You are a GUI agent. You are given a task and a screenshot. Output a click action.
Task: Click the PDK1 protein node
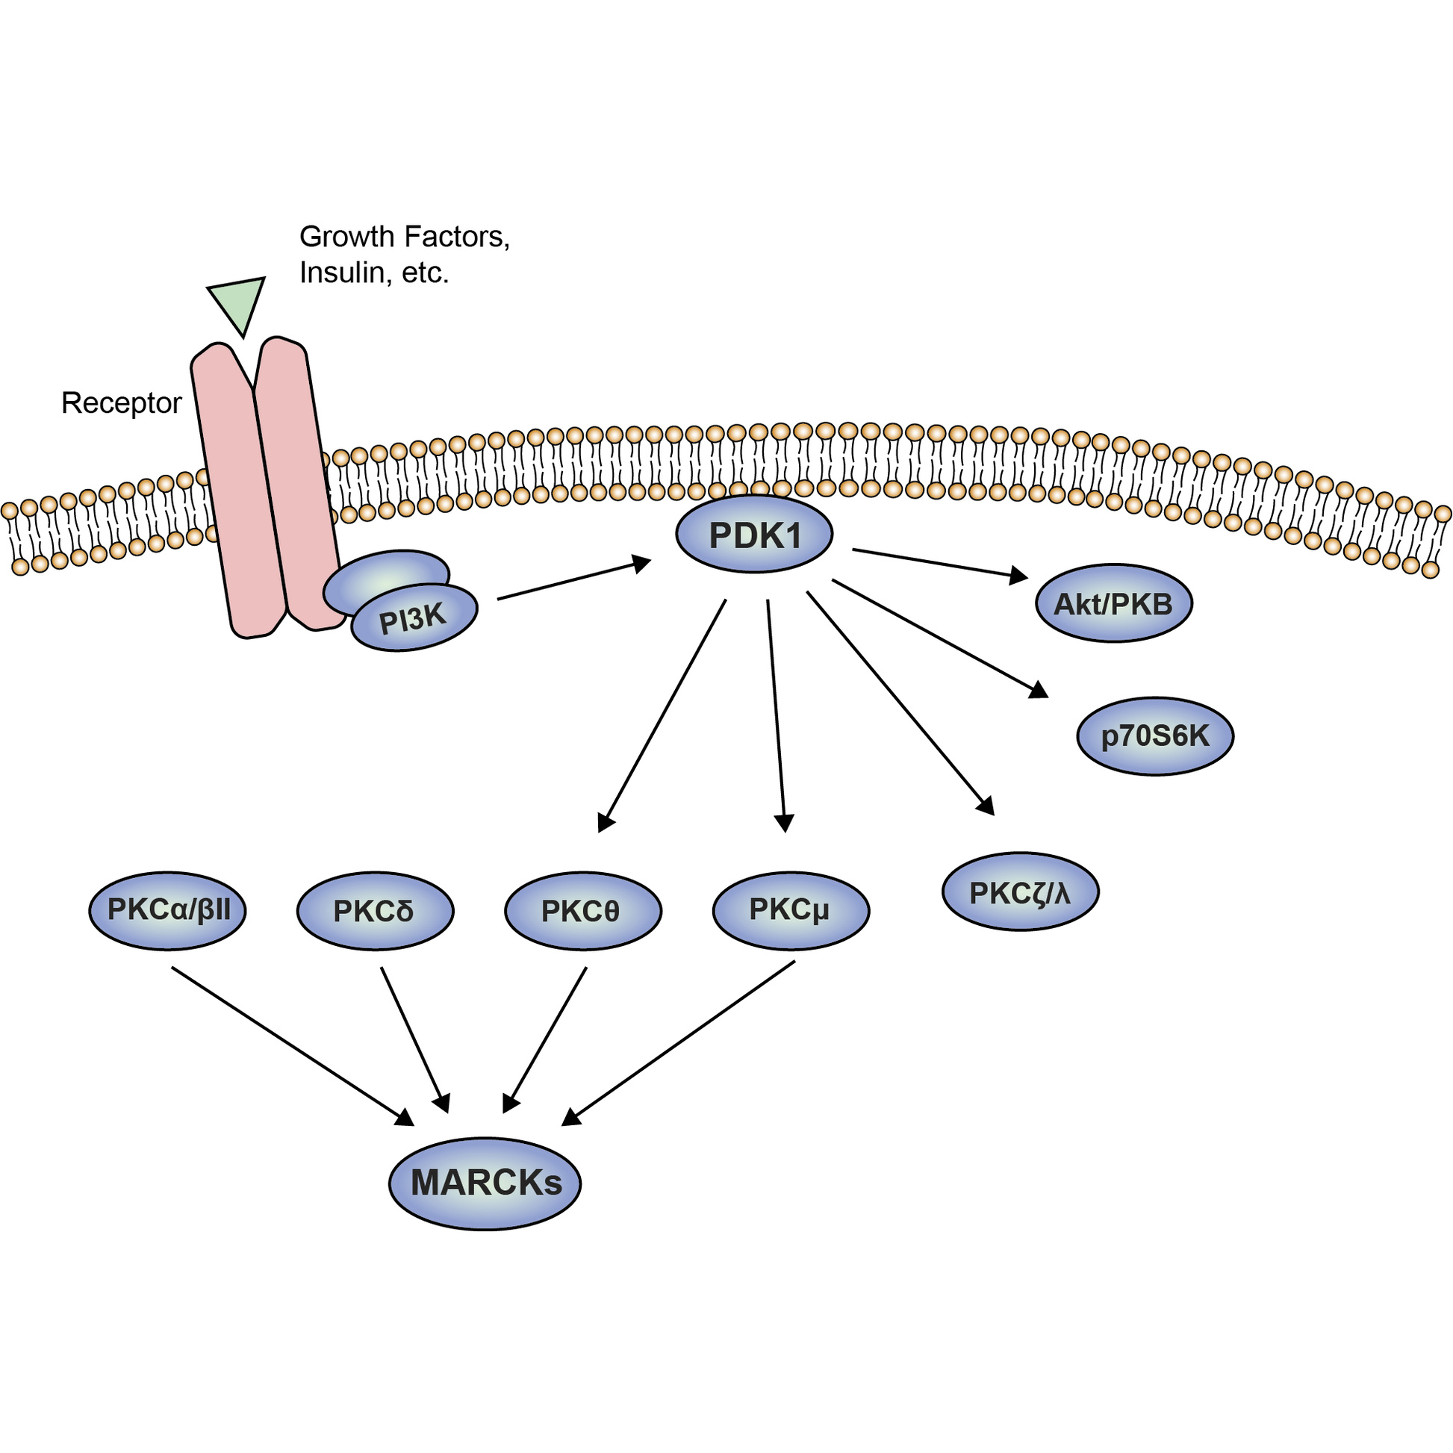point(753,534)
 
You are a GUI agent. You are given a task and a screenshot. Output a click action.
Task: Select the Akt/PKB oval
point(1113,604)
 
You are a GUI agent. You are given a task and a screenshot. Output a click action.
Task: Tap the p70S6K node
point(1154,735)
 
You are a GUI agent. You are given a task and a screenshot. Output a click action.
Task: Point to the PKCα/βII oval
point(167,910)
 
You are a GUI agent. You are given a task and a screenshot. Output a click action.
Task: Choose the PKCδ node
point(375,911)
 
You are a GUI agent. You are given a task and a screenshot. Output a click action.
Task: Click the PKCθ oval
point(583,911)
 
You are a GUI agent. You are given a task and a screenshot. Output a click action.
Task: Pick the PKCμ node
point(791,910)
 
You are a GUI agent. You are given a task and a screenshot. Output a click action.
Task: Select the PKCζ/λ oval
point(1020,893)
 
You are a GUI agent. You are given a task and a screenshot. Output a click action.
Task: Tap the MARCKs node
point(485,1183)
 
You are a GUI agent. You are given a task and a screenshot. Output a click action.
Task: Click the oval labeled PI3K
point(414,618)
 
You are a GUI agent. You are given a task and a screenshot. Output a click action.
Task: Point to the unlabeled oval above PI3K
point(386,573)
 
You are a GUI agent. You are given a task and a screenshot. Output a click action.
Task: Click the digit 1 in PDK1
point(791,535)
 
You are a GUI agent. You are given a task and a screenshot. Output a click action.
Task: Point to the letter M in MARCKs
point(426,1183)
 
